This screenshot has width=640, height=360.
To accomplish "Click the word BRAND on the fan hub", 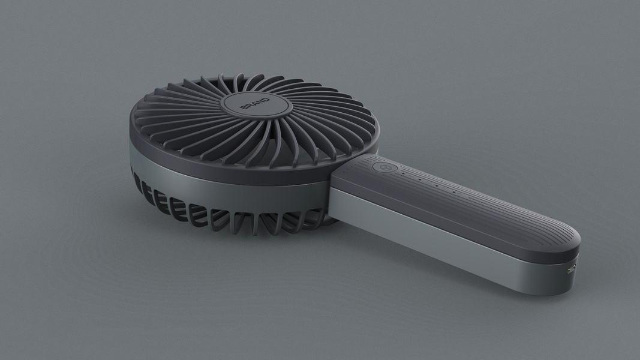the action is click(255, 103).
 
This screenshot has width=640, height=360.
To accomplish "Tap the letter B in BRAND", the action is click(244, 107).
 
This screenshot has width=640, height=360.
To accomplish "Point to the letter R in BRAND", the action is click(249, 105).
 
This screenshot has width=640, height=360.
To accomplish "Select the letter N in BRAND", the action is click(260, 101).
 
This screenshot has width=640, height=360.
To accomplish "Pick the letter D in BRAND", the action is click(266, 100).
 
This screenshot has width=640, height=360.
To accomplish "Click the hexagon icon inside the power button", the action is click(383, 167).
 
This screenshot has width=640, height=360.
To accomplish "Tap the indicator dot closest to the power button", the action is click(403, 173).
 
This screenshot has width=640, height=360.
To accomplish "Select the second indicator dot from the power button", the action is click(420, 179).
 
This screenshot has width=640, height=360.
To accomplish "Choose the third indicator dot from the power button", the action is click(437, 185).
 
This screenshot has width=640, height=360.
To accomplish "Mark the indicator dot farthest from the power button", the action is click(454, 192).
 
